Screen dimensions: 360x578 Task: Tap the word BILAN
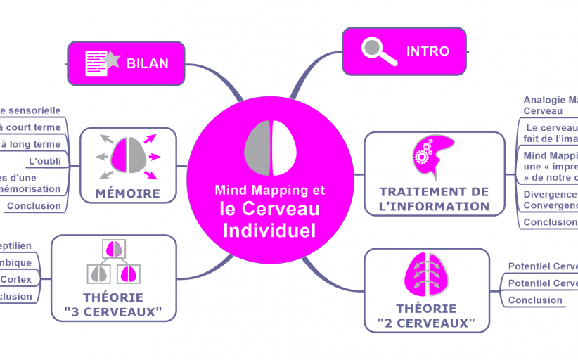[x=148, y=63]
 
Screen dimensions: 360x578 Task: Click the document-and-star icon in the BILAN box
[x=101, y=63]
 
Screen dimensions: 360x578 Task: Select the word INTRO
[x=428, y=51]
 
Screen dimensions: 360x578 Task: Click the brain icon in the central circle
[x=271, y=148]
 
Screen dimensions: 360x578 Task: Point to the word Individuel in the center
[x=269, y=230]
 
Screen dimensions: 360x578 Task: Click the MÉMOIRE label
[x=127, y=193]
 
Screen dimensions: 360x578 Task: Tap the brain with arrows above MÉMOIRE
[x=128, y=154]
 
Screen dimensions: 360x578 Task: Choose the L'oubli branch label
[x=44, y=161]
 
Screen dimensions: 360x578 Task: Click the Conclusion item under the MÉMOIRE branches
[x=34, y=206]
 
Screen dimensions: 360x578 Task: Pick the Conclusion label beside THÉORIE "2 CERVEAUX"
[x=535, y=300]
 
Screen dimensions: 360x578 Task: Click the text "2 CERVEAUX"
[x=426, y=323]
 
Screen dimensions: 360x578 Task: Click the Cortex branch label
[x=15, y=279]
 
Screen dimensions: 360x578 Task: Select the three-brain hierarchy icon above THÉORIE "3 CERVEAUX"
[x=113, y=261]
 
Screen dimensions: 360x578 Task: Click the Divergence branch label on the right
[x=549, y=194]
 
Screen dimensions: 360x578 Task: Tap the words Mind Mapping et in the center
[x=269, y=190]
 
